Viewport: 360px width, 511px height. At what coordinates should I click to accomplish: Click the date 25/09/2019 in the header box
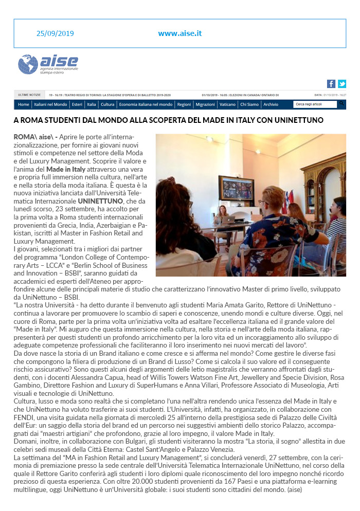[55, 33]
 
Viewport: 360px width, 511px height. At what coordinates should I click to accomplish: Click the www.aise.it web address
[180, 33]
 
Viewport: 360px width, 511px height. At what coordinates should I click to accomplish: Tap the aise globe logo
[28, 64]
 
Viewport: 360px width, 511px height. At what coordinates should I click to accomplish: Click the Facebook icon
[331, 84]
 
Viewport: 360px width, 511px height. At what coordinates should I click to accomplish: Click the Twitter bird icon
[341, 84]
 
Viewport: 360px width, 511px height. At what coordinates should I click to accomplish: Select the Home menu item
[24, 104]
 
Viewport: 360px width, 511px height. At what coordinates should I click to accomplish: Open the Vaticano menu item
[227, 104]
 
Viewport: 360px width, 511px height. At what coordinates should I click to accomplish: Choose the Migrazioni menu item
[205, 104]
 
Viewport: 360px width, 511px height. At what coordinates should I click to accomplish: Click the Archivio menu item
[271, 104]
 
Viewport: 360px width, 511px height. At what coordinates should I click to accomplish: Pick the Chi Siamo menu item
[249, 104]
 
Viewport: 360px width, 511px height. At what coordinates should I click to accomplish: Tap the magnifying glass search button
[341, 104]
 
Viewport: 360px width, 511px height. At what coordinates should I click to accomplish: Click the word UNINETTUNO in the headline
[295, 120]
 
